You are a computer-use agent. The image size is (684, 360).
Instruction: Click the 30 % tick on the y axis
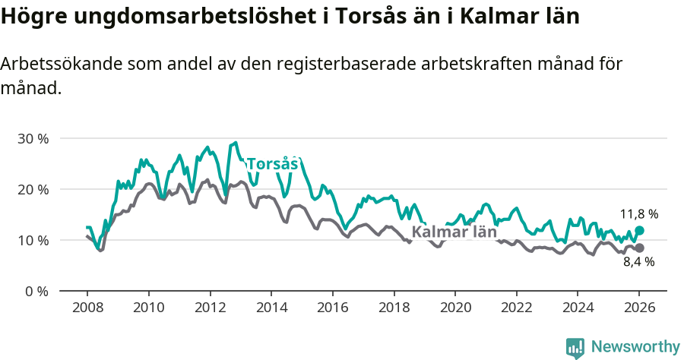pos(33,139)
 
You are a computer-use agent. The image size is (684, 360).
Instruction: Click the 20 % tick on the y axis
pos(33,189)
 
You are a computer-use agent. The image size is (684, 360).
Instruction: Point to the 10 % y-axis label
pos(33,240)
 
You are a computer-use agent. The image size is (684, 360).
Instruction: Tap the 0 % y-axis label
pos(36,291)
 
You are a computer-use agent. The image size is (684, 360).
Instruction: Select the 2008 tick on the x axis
pos(87,308)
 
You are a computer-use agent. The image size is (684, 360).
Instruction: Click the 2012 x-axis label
pos(210,308)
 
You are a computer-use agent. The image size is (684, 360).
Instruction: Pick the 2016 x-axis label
pos(332,308)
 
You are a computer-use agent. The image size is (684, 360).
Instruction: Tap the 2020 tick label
pos(455,308)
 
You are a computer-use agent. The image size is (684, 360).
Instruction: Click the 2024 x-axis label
pos(578,308)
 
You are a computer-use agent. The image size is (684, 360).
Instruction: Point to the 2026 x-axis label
pos(639,308)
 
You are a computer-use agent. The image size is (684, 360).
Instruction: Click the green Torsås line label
pos(272,164)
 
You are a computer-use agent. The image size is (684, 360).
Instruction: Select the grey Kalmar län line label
pos(454,232)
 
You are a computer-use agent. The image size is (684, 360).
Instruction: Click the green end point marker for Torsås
pos(639,230)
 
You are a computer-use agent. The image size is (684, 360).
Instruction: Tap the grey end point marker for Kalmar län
pos(639,248)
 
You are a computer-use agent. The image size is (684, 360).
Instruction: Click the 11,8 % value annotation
pos(639,214)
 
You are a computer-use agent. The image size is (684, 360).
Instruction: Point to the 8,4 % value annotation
pos(639,262)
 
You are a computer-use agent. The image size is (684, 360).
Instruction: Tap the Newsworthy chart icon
pos(575,348)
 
